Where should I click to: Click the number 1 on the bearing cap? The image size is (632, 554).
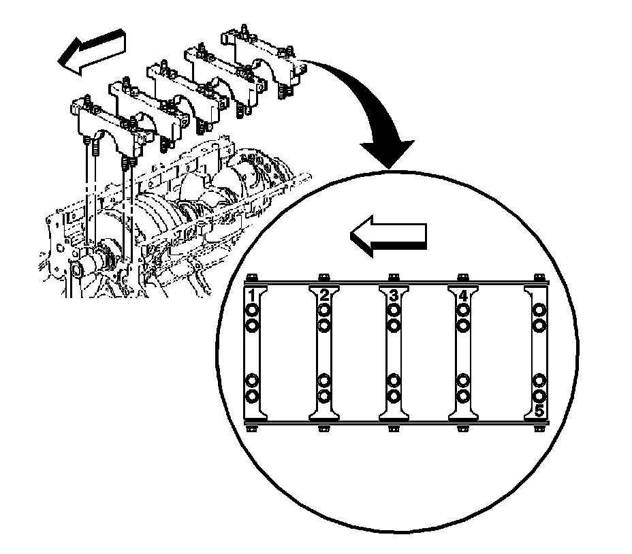tap(251, 296)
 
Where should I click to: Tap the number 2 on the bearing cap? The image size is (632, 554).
tap(324, 296)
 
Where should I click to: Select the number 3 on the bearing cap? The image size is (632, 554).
tap(394, 296)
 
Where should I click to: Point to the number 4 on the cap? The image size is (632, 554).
tap(463, 296)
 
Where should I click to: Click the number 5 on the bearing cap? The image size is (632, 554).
tap(539, 411)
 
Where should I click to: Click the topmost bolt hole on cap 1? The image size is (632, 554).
tap(251, 312)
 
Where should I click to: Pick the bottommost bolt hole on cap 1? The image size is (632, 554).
tap(251, 395)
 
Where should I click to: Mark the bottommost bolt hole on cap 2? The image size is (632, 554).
tap(324, 395)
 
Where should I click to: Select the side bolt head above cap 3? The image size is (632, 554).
tap(393, 277)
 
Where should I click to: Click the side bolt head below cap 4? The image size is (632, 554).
tap(463, 429)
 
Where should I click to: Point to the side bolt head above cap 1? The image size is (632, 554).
tap(253, 277)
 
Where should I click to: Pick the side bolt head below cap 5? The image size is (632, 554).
tap(539, 429)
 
